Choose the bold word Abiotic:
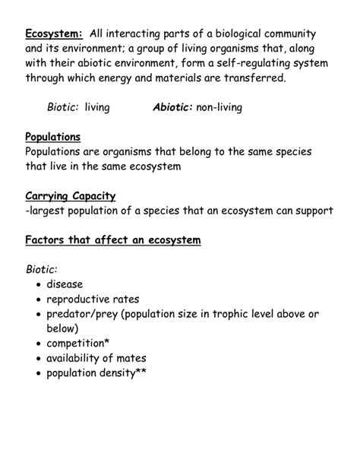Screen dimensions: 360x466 click(x=172, y=108)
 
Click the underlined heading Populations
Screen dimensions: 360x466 click(x=53, y=137)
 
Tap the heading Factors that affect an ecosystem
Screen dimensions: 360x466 click(x=112, y=240)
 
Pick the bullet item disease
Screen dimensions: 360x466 click(x=65, y=284)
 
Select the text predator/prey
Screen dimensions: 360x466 click(x=84, y=314)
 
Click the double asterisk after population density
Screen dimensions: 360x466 click(x=141, y=372)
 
